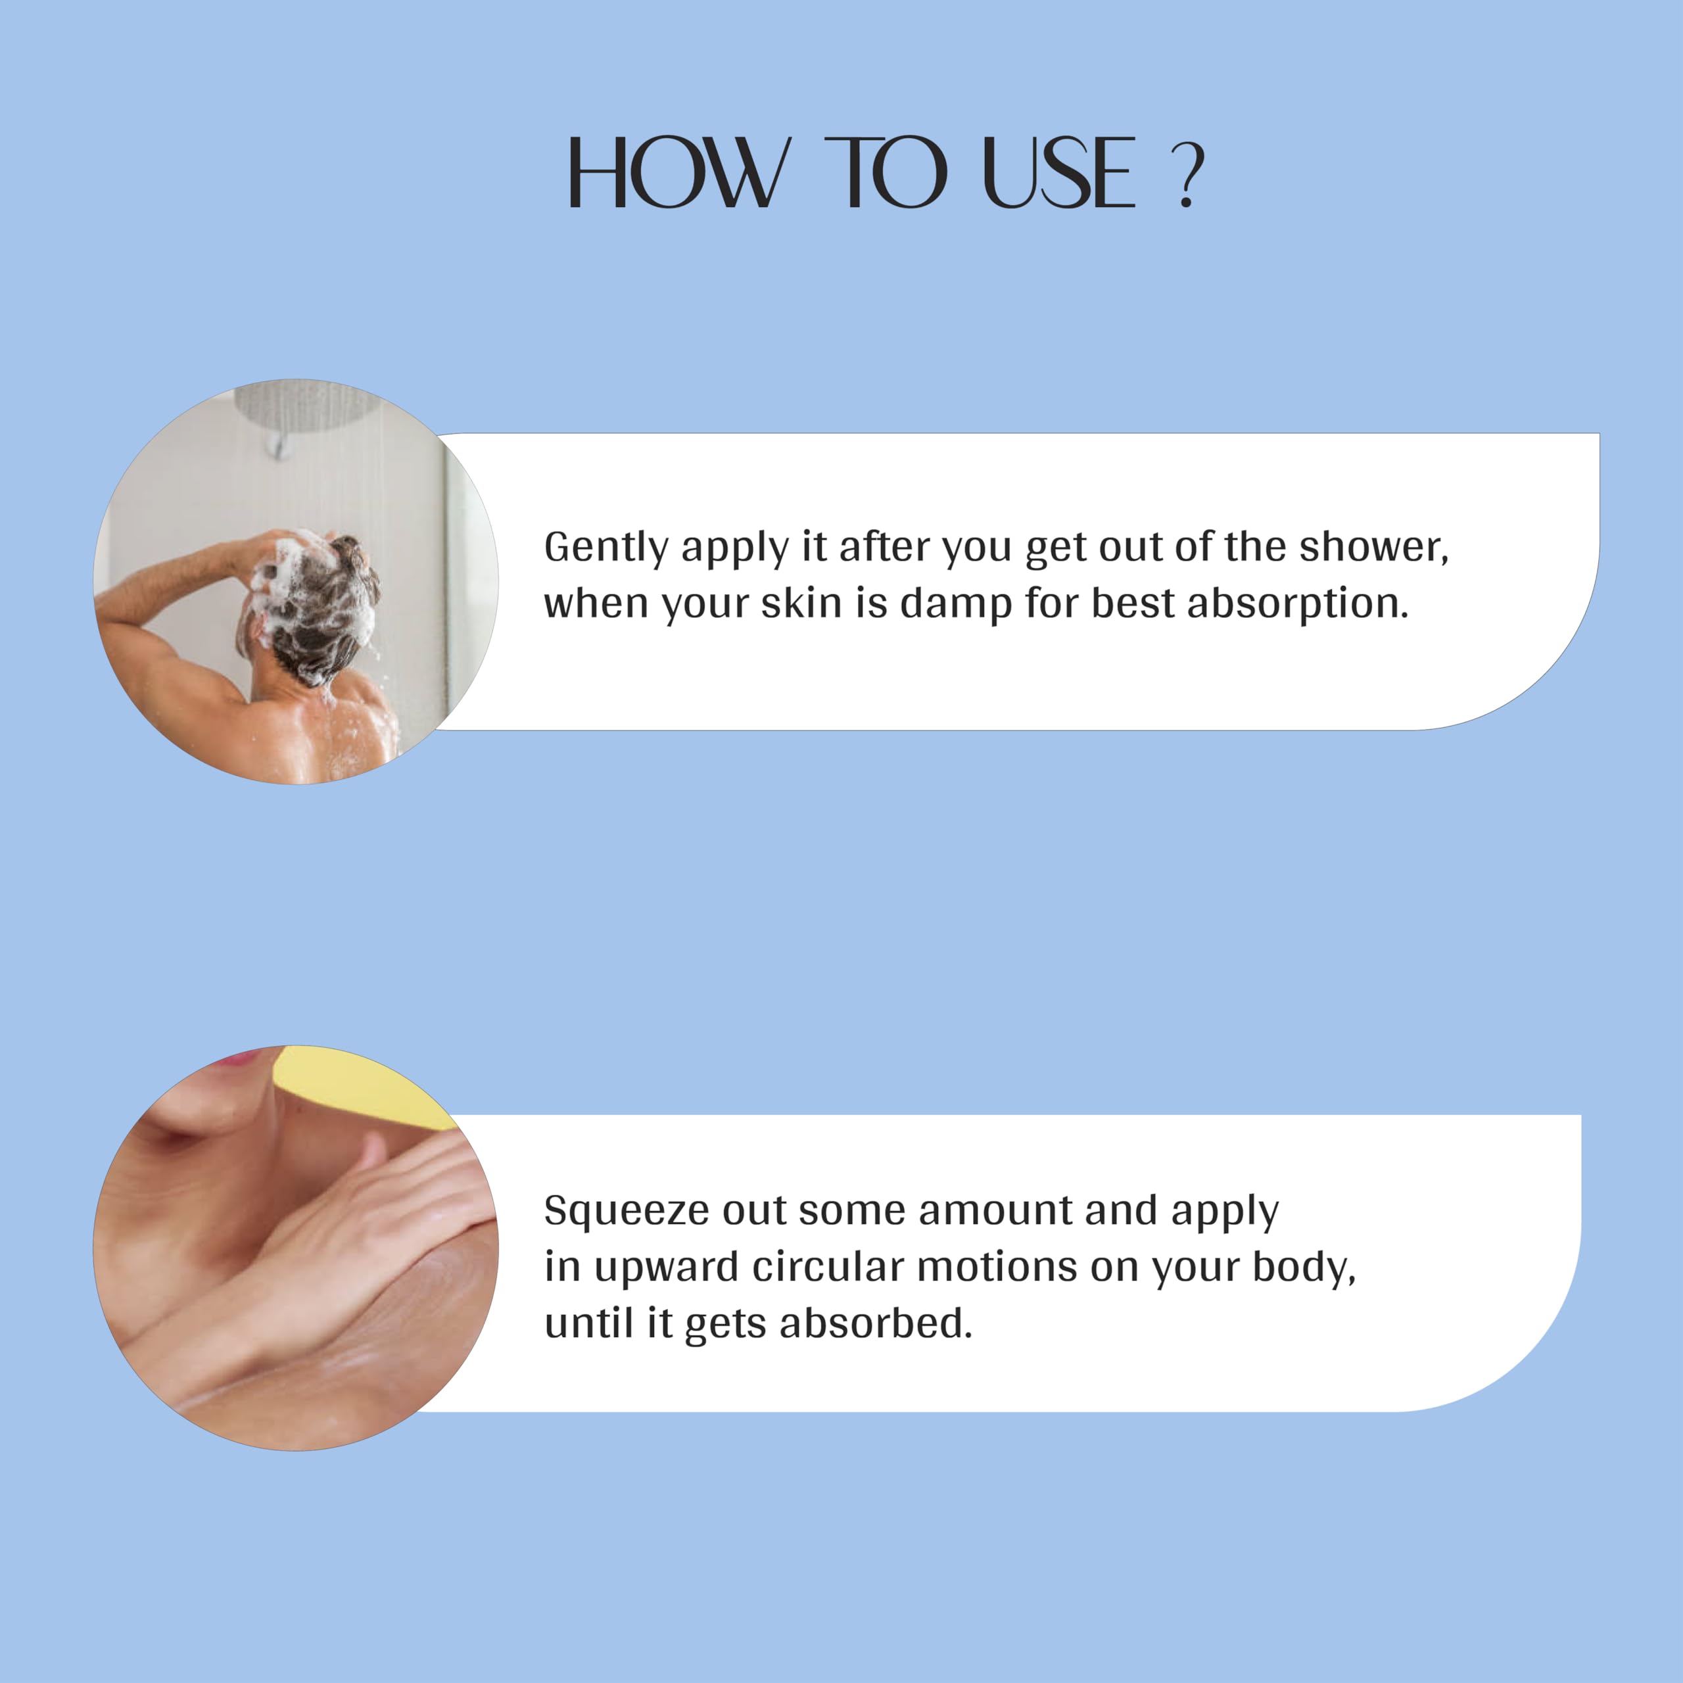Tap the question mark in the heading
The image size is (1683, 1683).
click(x=1187, y=175)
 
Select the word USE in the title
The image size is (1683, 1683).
click(x=1058, y=172)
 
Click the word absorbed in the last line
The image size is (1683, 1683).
click(x=876, y=1323)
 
